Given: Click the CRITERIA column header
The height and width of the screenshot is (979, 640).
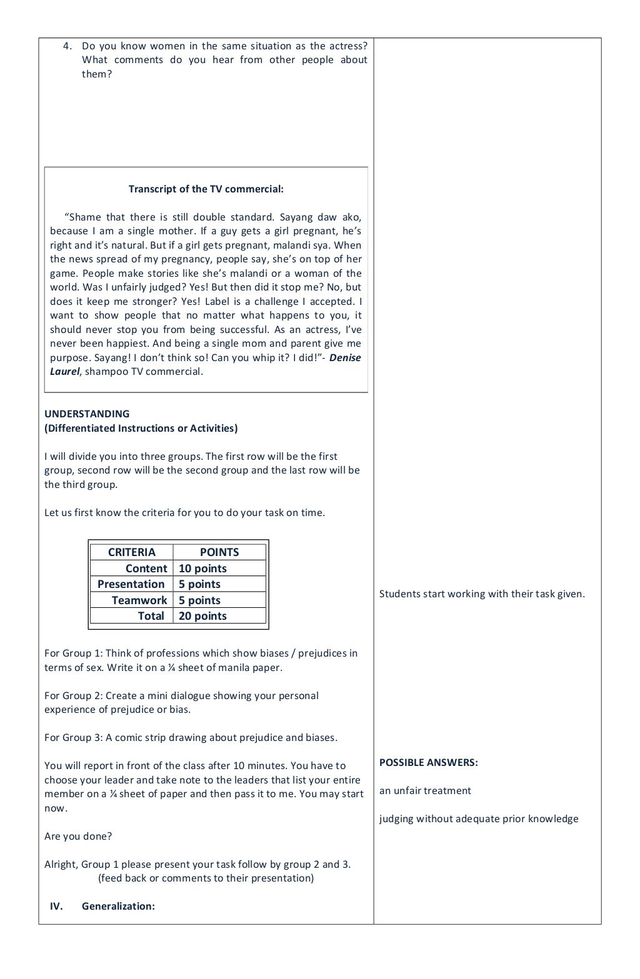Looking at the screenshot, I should (x=131, y=552).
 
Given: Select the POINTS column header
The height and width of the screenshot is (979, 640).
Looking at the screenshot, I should (x=219, y=552).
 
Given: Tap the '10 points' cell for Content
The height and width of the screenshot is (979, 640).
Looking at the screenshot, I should (x=202, y=569).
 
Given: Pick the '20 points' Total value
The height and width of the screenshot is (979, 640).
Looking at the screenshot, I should (x=202, y=616).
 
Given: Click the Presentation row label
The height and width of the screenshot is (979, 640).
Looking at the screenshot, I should (x=131, y=584).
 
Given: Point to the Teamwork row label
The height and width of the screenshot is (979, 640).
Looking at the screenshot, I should (x=139, y=600).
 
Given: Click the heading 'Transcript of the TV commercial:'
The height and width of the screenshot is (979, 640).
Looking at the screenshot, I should (x=206, y=189).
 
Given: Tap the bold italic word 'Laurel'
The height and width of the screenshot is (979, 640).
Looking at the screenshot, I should (x=64, y=372).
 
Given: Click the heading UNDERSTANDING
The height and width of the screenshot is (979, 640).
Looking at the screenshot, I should (x=87, y=414).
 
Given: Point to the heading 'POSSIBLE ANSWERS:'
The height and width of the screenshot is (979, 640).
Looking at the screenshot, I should (x=428, y=762).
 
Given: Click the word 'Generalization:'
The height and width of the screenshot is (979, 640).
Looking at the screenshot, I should (x=118, y=906).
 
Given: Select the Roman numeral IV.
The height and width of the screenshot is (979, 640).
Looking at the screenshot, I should (x=56, y=906).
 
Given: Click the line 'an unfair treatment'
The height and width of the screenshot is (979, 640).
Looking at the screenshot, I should (x=425, y=790).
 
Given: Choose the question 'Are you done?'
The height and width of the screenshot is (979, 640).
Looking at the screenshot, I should (x=78, y=836).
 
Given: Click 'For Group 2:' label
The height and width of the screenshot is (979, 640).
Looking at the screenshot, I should (x=73, y=695).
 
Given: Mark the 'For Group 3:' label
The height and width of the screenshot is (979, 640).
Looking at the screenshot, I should (x=73, y=737).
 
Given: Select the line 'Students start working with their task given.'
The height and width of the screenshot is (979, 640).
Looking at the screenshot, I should (x=482, y=594).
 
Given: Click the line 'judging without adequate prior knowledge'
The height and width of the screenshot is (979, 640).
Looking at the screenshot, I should (x=479, y=818).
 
